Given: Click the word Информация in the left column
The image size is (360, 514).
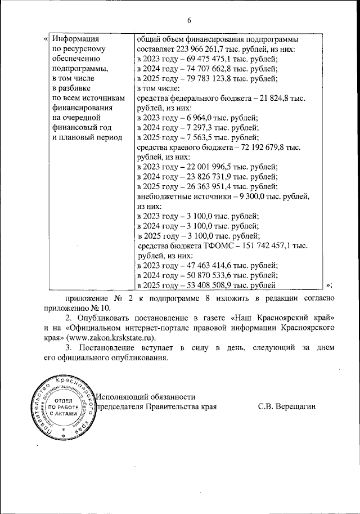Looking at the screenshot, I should [74, 39].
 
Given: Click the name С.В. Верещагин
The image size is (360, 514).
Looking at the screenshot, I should [287, 406].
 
